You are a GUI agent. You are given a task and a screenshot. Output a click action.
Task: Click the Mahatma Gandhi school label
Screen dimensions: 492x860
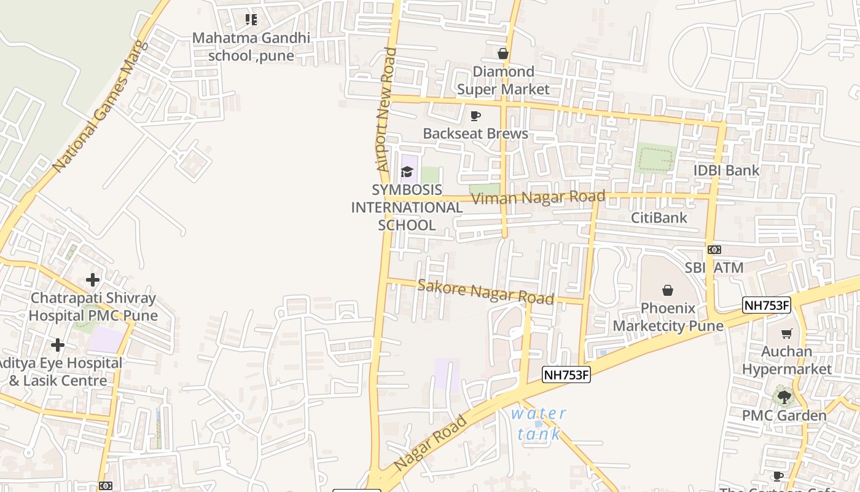(x=251, y=47)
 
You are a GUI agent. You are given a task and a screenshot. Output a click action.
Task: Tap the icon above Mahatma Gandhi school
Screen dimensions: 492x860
(x=251, y=20)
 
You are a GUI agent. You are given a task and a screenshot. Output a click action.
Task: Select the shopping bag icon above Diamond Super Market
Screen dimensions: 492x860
(x=503, y=54)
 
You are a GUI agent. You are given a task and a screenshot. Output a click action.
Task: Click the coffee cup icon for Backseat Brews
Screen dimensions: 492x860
(x=475, y=116)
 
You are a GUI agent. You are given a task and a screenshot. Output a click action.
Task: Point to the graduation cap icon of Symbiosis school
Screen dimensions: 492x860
(x=407, y=172)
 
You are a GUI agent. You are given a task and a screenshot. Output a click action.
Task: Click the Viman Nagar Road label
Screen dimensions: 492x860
(x=538, y=197)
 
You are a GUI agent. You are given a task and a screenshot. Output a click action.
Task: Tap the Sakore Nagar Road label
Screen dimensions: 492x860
(x=485, y=291)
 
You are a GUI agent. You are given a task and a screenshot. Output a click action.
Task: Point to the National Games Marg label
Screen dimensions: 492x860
(x=101, y=106)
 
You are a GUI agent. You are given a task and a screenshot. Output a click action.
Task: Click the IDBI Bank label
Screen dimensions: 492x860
(x=726, y=170)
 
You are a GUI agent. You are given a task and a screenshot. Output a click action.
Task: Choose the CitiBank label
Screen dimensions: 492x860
(x=659, y=218)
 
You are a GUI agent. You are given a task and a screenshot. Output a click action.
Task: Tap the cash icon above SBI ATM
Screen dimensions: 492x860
(x=714, y=249)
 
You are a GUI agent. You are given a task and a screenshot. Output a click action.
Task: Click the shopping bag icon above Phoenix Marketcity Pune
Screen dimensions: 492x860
(x=668, y=290)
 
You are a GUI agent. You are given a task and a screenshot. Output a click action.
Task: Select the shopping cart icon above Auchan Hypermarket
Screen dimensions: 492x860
(x=786, y=333)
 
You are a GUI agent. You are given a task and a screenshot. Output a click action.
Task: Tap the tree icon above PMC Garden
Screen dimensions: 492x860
(x=784, y=397)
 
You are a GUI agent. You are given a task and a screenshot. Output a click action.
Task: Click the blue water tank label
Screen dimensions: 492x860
(x=539, y=423)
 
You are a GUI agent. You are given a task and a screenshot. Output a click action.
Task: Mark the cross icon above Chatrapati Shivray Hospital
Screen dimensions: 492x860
(x=93, y=280)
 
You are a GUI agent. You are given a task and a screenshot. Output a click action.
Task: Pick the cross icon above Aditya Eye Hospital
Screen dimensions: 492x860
(x=58, y=345)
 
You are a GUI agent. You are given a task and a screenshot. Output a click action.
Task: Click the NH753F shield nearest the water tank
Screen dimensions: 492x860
(x=566, y=374)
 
